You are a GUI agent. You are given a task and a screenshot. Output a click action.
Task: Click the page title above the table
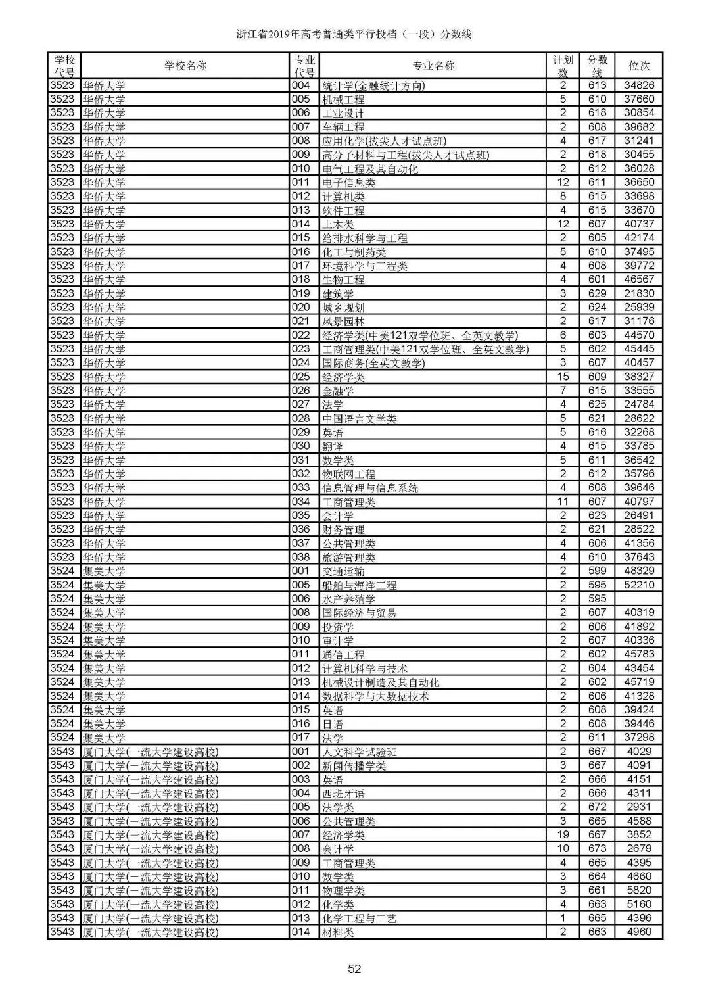[354, 34]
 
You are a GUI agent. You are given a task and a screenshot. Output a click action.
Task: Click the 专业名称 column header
[433, 66]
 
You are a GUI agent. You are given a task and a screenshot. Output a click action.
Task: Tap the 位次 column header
[639, 66]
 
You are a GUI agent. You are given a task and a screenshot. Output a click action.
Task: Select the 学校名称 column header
[185, 66]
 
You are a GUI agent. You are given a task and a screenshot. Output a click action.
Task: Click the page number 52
[354, 968]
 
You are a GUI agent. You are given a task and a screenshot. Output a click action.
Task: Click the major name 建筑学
[338, 294]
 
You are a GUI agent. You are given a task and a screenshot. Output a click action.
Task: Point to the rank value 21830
[639, 293]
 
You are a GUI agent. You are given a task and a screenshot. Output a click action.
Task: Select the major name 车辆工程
[343, 127]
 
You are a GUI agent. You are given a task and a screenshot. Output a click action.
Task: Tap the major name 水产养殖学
[348, 599]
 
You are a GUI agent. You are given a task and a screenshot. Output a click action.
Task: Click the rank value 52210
[639, 585]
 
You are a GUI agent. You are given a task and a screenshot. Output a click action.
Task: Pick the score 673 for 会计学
[597, 848]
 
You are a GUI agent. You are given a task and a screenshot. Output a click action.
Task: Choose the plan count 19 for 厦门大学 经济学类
[563, 834]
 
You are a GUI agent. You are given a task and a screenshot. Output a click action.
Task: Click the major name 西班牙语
[343, 794]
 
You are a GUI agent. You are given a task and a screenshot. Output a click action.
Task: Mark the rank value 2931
[639, 807]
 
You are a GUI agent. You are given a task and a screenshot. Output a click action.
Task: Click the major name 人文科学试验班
[359, 752]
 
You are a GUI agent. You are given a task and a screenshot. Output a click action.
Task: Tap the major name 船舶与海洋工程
[359, 585]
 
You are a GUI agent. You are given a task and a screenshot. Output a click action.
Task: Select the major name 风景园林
[343, 322]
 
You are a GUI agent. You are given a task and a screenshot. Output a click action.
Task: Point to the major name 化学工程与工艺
[359, 919]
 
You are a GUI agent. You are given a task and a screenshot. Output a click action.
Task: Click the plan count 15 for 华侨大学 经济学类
[563, 377]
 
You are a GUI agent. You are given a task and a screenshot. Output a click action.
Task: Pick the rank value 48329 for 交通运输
[639, 571]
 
